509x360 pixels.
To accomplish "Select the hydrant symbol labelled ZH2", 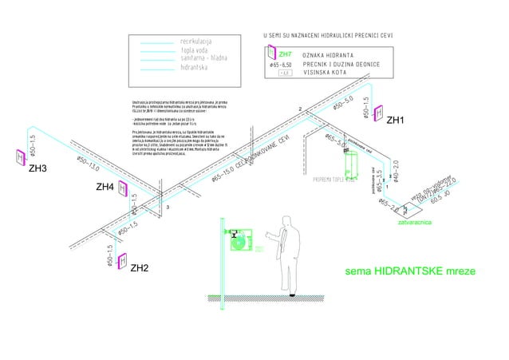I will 123,261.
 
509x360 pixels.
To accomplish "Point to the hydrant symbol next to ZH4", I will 124,188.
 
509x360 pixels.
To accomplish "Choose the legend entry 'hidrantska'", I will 196,68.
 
